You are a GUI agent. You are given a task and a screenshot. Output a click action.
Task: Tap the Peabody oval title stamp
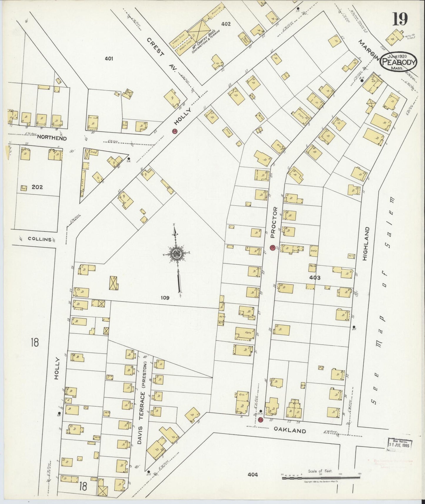(x=399, y=62)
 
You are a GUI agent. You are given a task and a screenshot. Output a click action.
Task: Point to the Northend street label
(x=52, y=138)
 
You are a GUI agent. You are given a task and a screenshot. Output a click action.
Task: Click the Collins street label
(x=40, y=239)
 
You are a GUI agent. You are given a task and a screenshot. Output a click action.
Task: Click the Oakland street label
(x=290, y=431)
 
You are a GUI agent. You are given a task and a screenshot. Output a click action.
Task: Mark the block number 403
(x=314, y=278)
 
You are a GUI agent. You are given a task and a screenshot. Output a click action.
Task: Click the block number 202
(x=37, y=187)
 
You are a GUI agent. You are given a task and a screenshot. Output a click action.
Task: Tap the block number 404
(x=253, y=474)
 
